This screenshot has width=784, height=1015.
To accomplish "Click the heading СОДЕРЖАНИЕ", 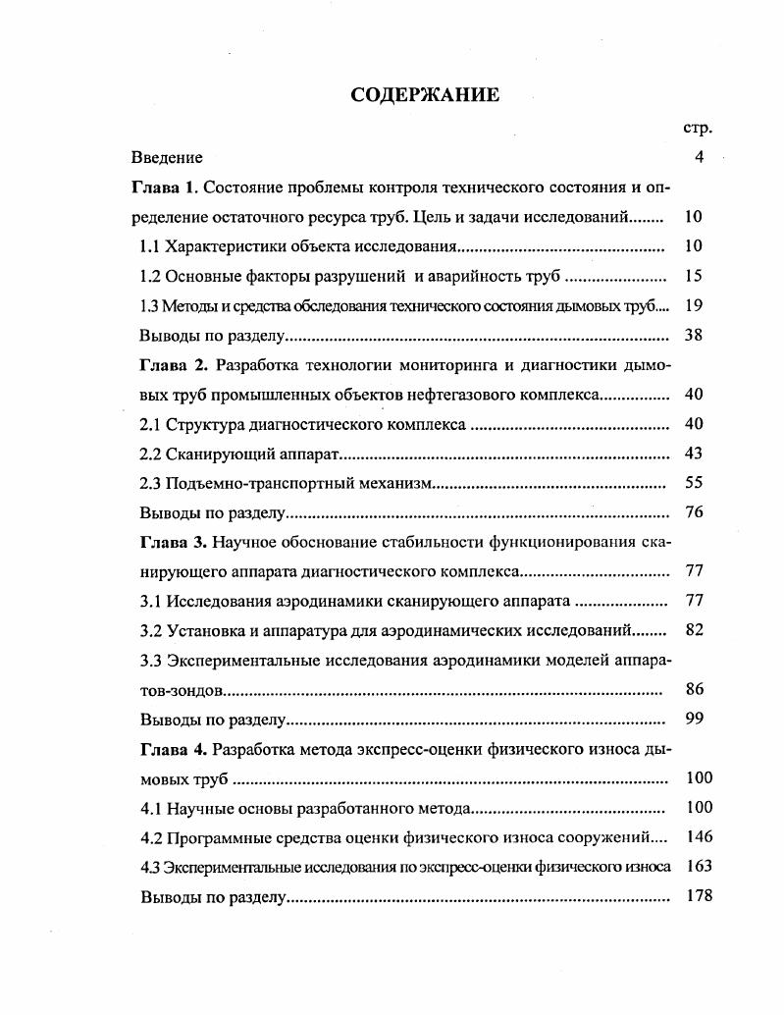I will click(x=425, y=95).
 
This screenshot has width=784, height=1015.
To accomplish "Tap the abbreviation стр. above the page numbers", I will click(x=697, y=128).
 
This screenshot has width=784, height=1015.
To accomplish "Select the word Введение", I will click(x=168, y=157).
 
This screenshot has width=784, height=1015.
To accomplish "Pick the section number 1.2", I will click(x=152, y=276).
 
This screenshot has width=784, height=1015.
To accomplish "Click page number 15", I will click(x=694, y=276).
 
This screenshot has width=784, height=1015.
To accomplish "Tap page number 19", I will click(x=694, y=305).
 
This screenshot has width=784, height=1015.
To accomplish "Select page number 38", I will click(x=694, y=335).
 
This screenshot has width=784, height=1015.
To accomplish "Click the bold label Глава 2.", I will click(x=174, y=365).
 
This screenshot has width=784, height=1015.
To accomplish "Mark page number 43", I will click(x=694, y=454).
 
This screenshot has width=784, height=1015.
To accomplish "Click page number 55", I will click(x=694, y=483).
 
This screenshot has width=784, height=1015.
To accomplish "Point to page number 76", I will click(x=694, y=512).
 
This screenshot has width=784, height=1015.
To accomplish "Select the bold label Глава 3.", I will click(x=174, y=542).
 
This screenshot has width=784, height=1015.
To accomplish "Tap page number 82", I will click(x=694, y=630).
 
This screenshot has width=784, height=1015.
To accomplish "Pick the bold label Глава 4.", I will click(x=174, y=749).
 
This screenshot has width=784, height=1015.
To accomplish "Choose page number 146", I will click(x=699, y=837).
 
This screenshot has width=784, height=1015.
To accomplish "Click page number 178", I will click(x=699, y=896).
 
